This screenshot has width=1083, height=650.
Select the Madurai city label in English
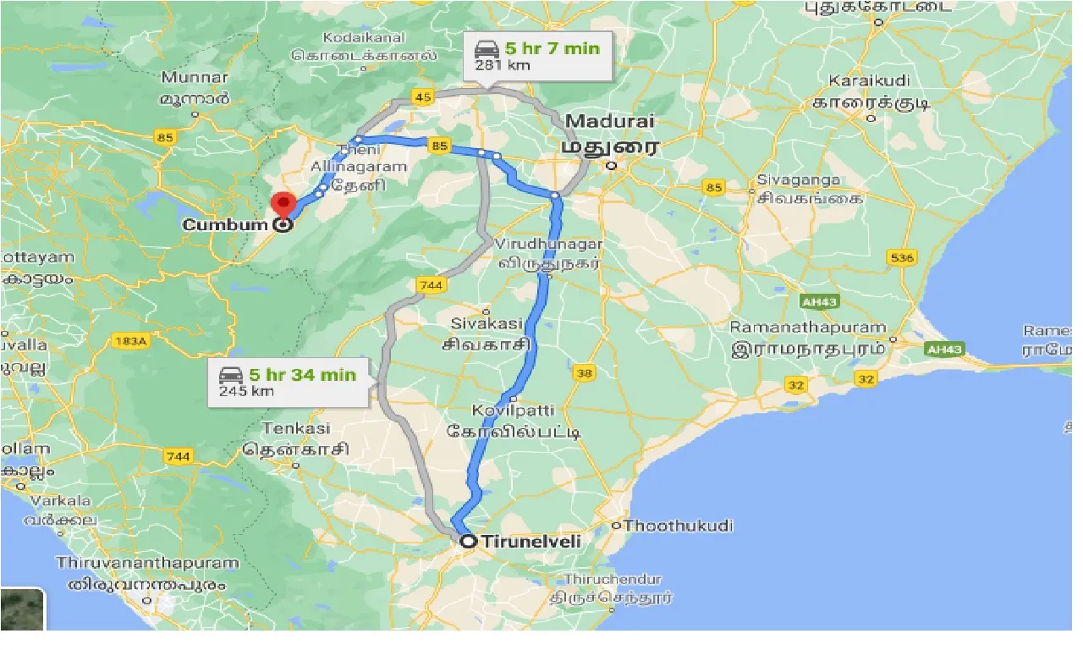coord(610,121)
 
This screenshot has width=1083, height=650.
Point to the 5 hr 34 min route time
coord(301,374)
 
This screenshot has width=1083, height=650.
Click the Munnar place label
coord(195,78)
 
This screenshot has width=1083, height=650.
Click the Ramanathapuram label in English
coord(808,328)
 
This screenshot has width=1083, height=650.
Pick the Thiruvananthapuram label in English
coord(148,563)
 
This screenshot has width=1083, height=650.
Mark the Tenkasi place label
coord(296,428)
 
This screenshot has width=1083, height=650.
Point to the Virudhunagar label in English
coord(549,244)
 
